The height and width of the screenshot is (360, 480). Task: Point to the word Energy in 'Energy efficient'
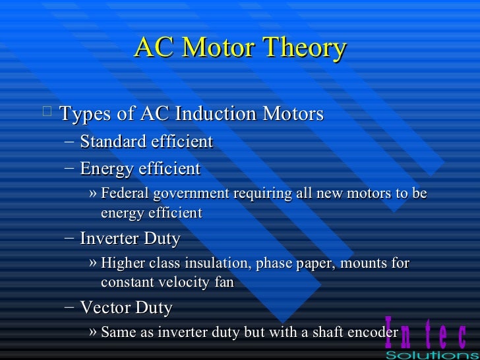104,169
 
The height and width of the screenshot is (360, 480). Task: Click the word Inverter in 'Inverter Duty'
107,238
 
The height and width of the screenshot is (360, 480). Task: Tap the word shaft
323,332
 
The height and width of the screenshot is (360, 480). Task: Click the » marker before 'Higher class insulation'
93,264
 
